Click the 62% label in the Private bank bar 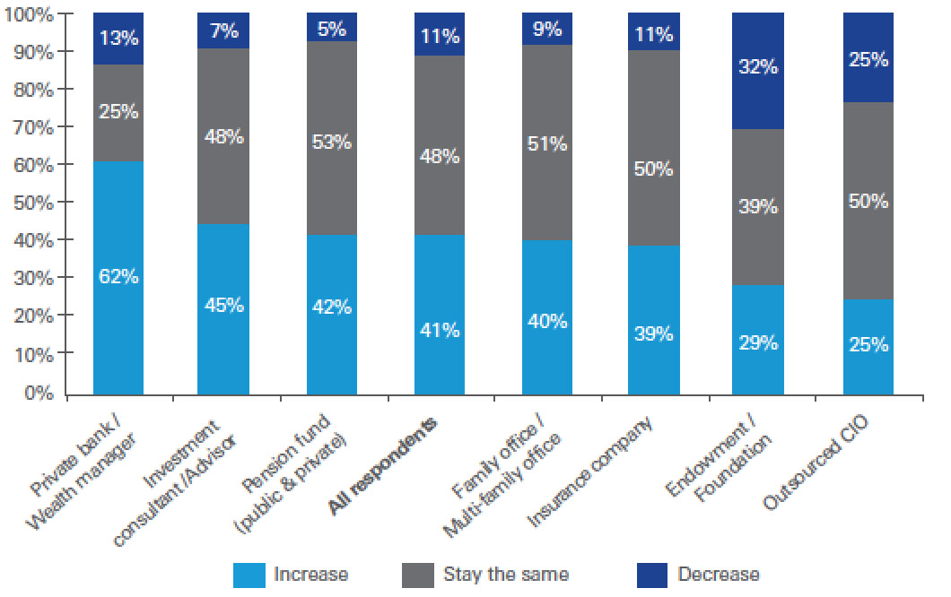[118, 277]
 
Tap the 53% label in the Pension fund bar [332, 141]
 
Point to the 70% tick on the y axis [33, 128]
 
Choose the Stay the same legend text [506, 575]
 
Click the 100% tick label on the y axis [30, 15]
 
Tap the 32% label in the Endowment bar [758, 66]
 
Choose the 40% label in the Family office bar [547, 320]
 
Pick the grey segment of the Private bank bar [118, 112]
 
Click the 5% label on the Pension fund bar [332, 29]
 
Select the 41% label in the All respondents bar [440, 330]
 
